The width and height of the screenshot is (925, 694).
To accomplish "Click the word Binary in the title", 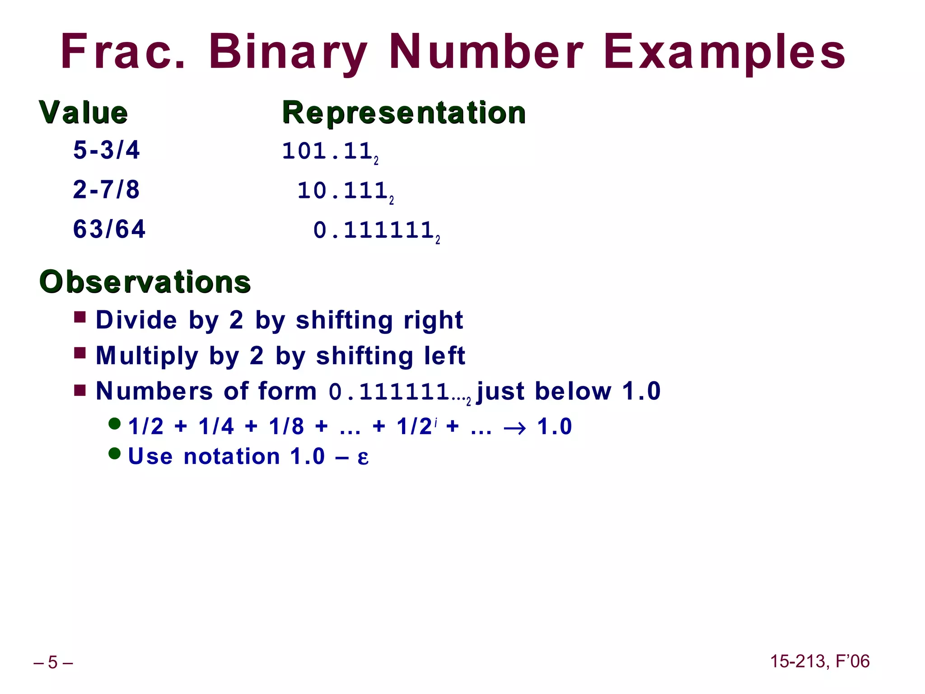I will (288, 52).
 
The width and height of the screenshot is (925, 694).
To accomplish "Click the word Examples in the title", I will (724, 52).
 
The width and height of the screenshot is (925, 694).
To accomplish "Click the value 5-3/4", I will (107, 150).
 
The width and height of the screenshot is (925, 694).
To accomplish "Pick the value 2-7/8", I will (107, 190).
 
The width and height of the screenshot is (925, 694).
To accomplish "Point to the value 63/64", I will (109, 229).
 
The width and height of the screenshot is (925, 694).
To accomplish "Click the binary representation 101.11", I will (328, 151).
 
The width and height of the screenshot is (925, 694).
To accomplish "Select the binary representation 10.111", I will (343, 191).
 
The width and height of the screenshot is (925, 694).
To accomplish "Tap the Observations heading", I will (145, 282).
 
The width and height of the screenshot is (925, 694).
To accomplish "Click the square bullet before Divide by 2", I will (80, 317).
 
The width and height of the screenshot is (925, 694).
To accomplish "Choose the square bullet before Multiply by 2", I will (80, 353).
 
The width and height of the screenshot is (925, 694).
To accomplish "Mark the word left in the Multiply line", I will (444, 356).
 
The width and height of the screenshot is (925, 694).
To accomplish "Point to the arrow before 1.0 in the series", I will (514, 427).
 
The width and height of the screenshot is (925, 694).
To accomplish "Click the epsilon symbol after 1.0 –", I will (363, 457).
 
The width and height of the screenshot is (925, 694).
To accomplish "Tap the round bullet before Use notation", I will (115, 453).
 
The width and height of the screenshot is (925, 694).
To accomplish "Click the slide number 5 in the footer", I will (53, 662).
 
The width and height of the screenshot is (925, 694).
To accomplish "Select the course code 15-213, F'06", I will (819, 661).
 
